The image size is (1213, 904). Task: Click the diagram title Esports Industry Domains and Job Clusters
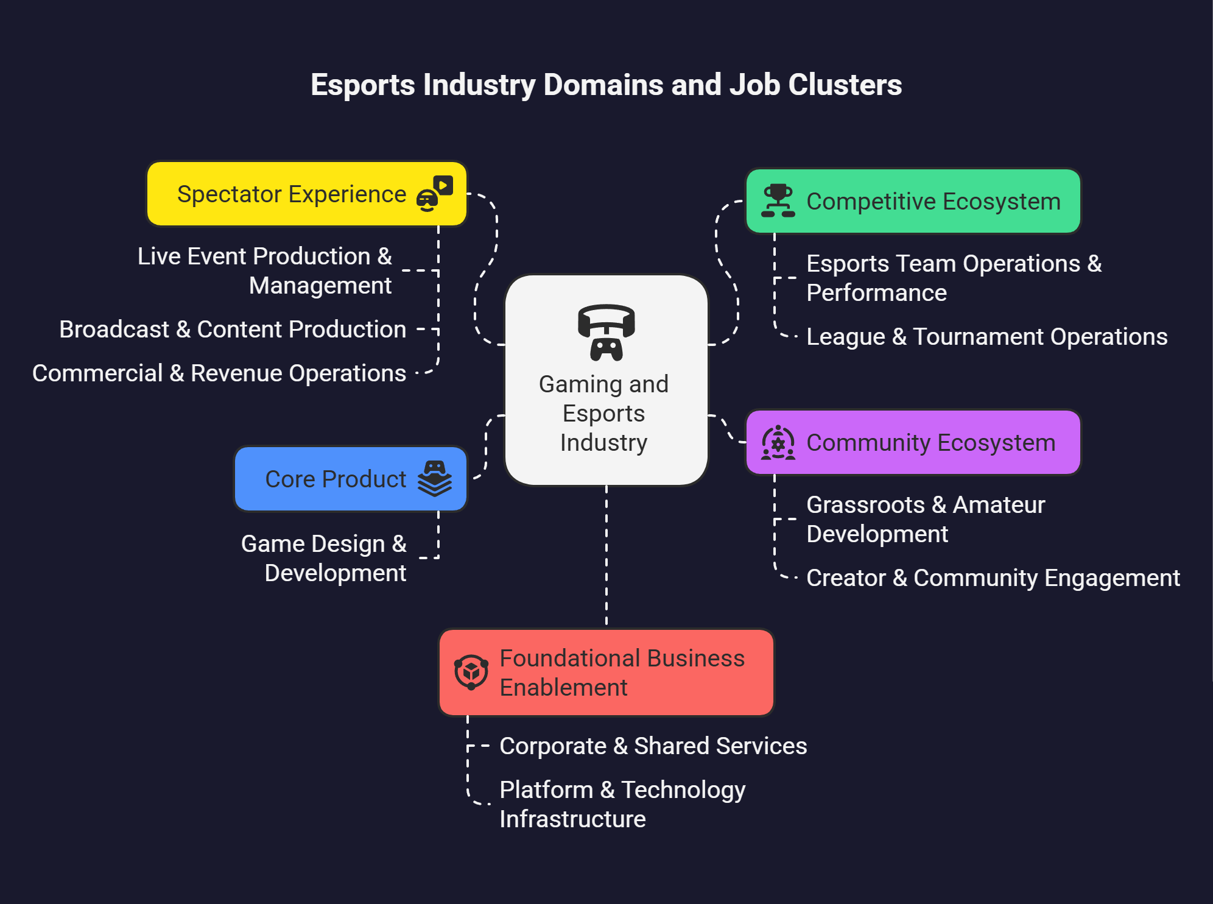(606, 85)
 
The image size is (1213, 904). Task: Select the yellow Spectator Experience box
(292, 194)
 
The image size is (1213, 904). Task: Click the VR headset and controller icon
(606, 332)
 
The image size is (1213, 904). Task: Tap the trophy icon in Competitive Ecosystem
(778, 201)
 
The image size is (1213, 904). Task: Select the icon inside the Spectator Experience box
(434, 194)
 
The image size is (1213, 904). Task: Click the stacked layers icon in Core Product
(434, 479)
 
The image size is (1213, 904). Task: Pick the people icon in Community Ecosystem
(778, 443)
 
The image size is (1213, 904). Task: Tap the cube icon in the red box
(471, 673)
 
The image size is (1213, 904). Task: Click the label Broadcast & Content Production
(233, 330)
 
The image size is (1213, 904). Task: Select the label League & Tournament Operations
(986, 337)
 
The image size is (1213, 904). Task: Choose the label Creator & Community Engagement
(993, 578)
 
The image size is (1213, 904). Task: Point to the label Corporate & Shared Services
(653, 746)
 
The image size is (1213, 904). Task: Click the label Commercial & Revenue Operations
(219, 373)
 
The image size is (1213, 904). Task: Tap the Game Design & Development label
(324, 558)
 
